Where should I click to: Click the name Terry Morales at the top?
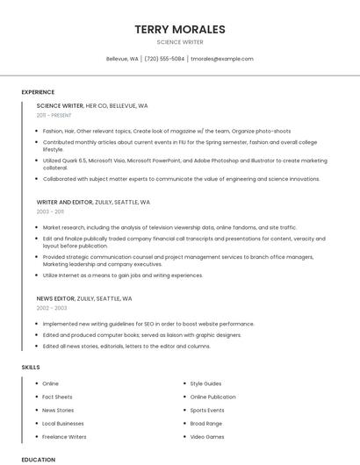point(180,29)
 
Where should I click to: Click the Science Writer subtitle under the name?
point(180,42)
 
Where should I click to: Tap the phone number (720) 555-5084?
point(164,59)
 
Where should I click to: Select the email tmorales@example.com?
point(222,59)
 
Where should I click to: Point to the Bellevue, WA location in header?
point(122,59)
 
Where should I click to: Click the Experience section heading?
point(38,92)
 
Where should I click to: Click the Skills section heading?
point(31,367)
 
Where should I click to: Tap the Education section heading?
point(38,459)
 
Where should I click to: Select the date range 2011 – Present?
point(54,115)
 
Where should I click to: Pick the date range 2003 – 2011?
point(50,211)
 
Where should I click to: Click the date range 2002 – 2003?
point(51,308)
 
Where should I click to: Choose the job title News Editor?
point(55,298)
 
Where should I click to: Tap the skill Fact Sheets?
point(58,397)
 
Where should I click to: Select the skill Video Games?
point(207,436)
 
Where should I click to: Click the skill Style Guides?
point(205,383)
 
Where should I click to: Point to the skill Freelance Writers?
point(64,436)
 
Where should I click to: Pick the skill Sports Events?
point(207,410)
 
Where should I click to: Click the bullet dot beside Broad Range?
point(184,423)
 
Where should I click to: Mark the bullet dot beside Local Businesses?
point(37,423)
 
